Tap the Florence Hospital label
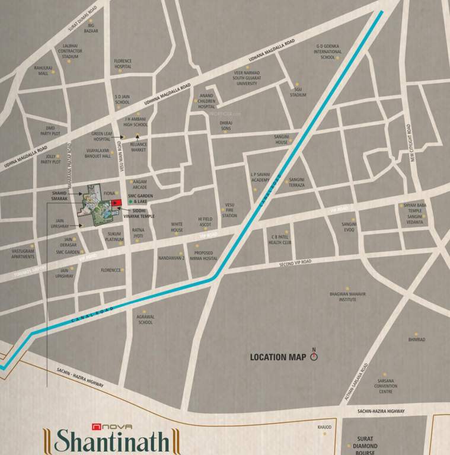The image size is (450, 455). pyautogui.click(x=123, y=64)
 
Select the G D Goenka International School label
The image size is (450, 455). pyautogui.click(x=328, y=52)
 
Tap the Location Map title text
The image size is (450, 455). pyautogui.click(x=277, y=357)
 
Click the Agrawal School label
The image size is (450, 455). pyautogui.click(x=145, y=319)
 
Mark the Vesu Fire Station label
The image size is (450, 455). pyautogui.click(x=229, y=210)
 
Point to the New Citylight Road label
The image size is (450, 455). pyautogui.click(x=410, y=143)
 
